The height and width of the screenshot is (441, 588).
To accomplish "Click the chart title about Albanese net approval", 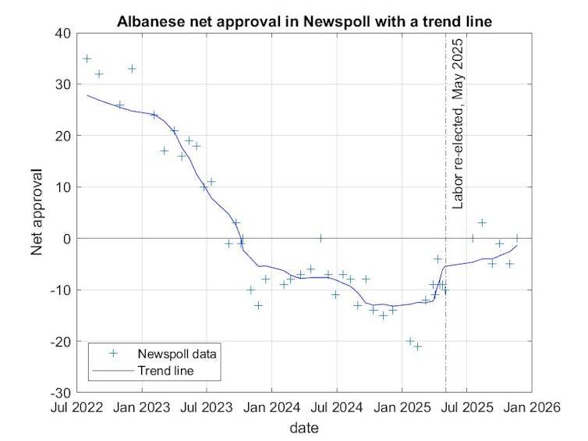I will pyautogui.click(x=304, y=21).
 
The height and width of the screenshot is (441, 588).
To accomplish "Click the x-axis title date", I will pyautogui.click(x=303, y=428).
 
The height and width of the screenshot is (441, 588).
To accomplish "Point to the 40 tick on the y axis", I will pyautogui.click(x=62, y=33).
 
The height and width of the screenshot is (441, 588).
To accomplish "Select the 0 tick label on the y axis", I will pyautogui.click(x=66, y=238).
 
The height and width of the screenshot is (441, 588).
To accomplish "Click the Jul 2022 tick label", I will pyautogui.click(x=76, y=408).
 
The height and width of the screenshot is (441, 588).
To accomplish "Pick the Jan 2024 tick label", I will pyautogui.click(x=271, y=408).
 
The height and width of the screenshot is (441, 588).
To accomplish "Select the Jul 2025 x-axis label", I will pyautogui.click(x=466, y=408).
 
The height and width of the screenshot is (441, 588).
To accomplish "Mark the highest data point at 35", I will pyautogui.click(x=87, y=59).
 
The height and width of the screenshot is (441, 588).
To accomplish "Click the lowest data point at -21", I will pyautogui.click(x=417, y=346).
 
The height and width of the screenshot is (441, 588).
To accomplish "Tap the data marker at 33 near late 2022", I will pyautogui.click(x=132, y=69).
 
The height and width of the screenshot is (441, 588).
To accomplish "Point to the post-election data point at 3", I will pyautogui.click(x=482, y=222).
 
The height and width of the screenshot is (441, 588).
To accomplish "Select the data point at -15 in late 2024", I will pyautogui.click(x=383, y=315).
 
